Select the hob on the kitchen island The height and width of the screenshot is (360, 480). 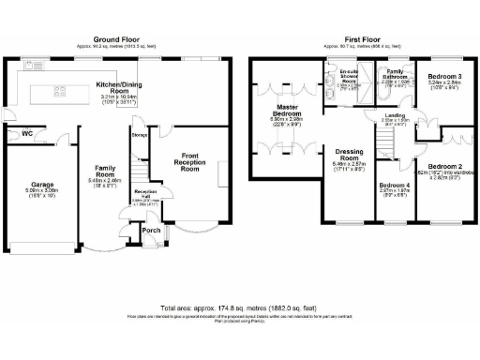tap(58, 93)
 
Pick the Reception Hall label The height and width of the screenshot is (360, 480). tap(144, 194)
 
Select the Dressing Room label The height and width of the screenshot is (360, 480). tap(347, 162)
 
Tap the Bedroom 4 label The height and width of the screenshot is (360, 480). tap(394, 186)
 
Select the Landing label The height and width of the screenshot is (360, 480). tap(396, 115)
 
